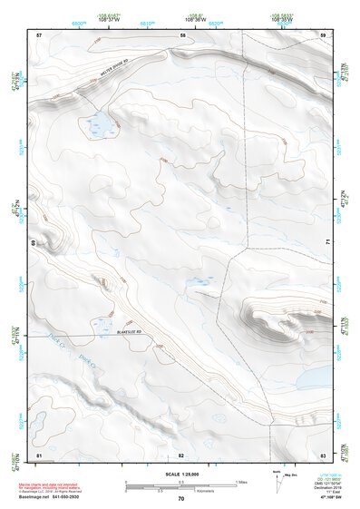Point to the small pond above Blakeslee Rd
(x=102, y=324)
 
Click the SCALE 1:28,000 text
(x=180, y=474)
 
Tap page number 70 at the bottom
(x=180, y=499)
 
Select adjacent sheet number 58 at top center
(x=181, y=34)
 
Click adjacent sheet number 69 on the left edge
(x=34, y=244)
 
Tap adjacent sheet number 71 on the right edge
(x=327, y=243)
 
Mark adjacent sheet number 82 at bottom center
(x=181, y=454)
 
